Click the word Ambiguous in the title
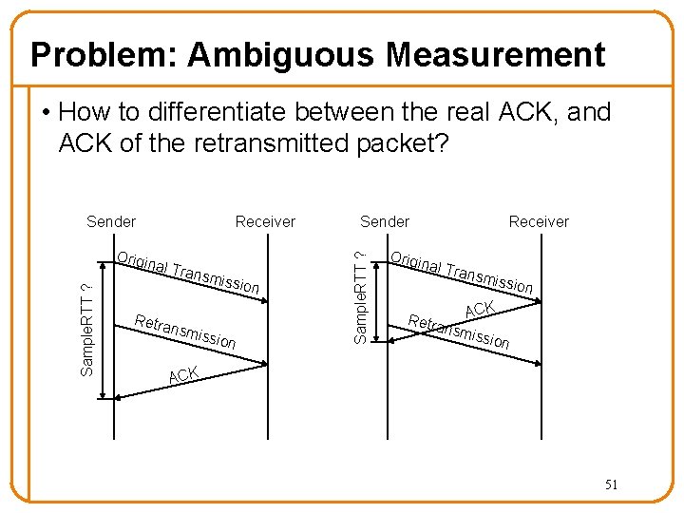[276, 55]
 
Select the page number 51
[611, 484]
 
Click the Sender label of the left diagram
[111, 221]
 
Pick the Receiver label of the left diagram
[265, 221]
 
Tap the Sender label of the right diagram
[385, 221]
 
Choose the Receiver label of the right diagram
[539, 221]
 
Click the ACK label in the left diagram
[182, 375]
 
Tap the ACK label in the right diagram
[480, 310]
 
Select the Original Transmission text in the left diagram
[188, 273]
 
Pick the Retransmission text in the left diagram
[185, 329]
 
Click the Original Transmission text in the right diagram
[463, 271]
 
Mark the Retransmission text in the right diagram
[459, 329]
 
